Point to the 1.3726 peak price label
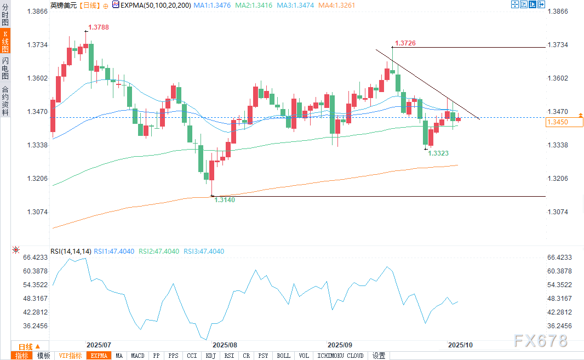(405, 43)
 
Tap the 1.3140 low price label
(224, 200)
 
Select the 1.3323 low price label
(439, 154)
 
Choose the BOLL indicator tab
(283, 356)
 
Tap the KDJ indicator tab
(210, 356)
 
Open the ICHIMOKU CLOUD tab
(340, 356)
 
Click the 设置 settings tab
(379, 356)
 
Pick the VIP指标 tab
(70, 356)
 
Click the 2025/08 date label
(224, 345)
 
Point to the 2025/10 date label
(460, 345)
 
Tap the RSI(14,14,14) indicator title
(71, 252)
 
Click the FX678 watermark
(541, 341)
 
